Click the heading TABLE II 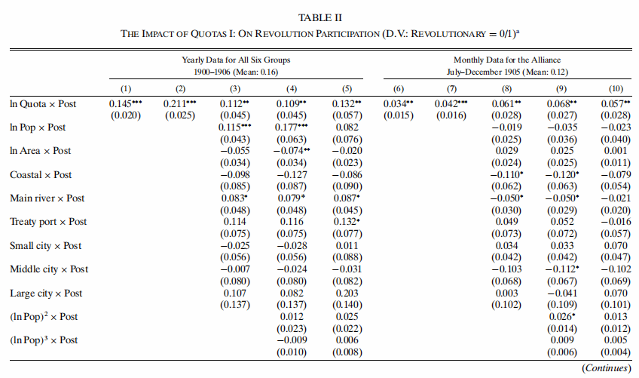coord(320,18)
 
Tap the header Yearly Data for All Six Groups coord(236,60)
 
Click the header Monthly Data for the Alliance coord(507,60)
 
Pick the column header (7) coord(451,88)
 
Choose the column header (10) coord(616,88)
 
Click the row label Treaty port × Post coord(48,222)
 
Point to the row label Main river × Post coord(47,198)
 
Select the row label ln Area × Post coord(41,151)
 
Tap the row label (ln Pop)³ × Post coord(44,340)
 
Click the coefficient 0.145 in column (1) coord(121,104)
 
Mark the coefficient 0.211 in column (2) coord(174,104)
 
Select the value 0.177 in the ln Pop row coord(286,128)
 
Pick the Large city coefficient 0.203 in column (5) coord(347,293)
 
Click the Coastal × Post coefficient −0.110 coord(505,175)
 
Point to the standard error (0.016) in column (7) coord(451,115)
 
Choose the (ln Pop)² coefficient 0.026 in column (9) coord(560,317)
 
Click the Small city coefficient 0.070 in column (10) coord(616,246)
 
